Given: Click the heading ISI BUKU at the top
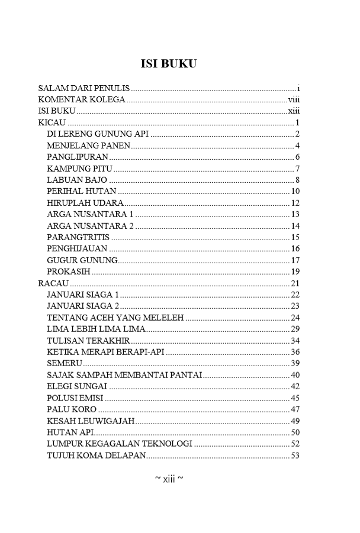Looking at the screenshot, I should (168, 64).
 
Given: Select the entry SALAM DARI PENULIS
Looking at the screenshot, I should (83, 88).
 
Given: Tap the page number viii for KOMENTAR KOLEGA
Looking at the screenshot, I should (294, 99).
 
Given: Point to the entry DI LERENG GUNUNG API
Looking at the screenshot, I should (97, 134).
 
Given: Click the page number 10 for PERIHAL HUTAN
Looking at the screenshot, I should (296, 191).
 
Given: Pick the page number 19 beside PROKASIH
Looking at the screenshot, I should (296, 272).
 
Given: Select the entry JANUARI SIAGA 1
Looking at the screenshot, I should (83, 294).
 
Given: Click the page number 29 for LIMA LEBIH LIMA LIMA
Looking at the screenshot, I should (296, 328).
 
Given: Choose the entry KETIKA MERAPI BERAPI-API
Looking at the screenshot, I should (105, 351).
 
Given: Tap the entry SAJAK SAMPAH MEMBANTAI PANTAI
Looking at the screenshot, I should (124, 374).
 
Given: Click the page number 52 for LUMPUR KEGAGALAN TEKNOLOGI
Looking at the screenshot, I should (296, 444).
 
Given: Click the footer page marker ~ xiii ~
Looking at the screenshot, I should (169, 479).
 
